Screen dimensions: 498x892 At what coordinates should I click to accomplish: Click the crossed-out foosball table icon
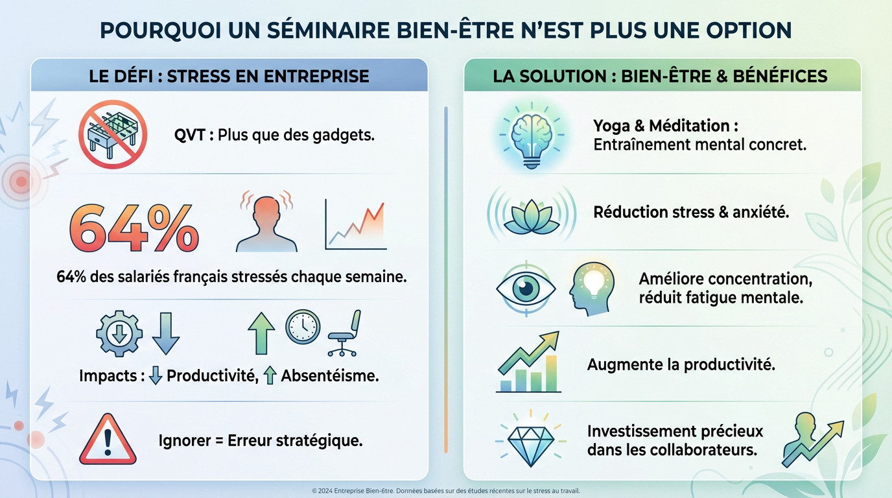pyautogui.click(x=113, y=134)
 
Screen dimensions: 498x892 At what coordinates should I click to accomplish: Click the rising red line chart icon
pyautogui.click(x=355, y=225)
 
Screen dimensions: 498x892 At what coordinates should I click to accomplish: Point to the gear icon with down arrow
pyautogui.click(x=119, y=333)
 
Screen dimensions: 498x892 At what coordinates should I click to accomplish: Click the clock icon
pyautogui.click(x=302, y=327)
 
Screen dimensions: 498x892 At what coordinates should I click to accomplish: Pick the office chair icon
pyautogui.click(x=344, y=333)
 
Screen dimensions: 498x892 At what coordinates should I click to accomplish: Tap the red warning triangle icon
pyautogui.click(x=108, y=440)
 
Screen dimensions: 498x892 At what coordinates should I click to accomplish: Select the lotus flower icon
pyautogui.click(x=531, y=213)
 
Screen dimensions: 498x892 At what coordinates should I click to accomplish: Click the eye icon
pyautogui.click(x=525, y=288)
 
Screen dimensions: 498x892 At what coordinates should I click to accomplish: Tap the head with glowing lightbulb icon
pyautogui.click(x=592, y=288)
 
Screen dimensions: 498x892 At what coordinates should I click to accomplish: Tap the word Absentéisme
pyautogui.click(x=329, y=375)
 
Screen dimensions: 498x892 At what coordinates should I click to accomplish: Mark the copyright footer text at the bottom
pyautogui.click(x=446, y=491)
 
